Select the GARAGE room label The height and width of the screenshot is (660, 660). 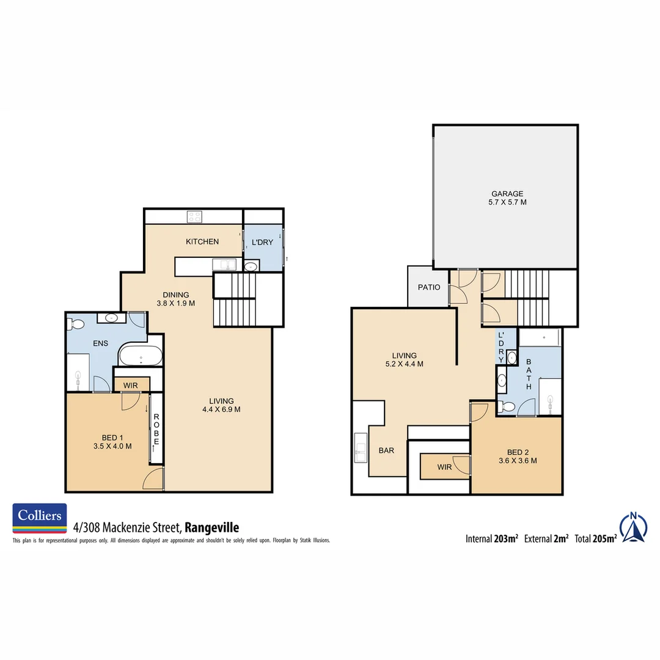tap(507, 198)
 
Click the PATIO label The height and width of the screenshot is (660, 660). tap(429, 287)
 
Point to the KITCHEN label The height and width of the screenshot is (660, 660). tap(202, 241)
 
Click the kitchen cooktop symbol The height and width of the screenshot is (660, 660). tap(195, 216)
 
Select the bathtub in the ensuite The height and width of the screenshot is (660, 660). tap(141, 356)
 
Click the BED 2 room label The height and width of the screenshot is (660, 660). tap(517, 457)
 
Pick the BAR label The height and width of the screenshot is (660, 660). tap(386, 450)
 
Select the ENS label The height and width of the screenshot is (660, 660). tap(100, 343)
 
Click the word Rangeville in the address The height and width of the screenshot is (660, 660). tap(211, 527)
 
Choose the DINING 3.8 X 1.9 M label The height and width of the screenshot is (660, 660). tap(175, 299)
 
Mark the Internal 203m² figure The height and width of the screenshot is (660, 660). tap(491, 538)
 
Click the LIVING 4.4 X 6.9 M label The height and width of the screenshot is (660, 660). tap(221, 405)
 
